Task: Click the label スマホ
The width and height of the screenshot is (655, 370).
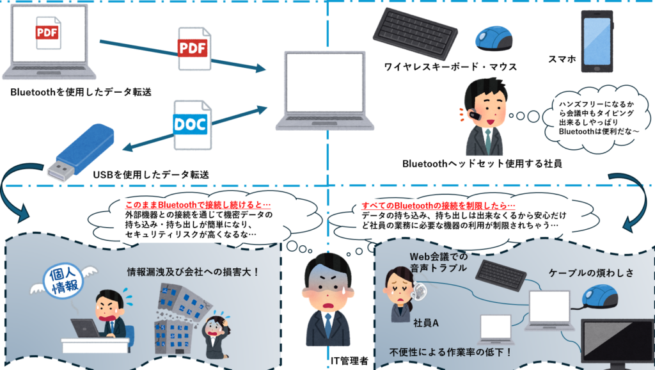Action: point(563,60)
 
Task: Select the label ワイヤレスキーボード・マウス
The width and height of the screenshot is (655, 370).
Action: point(450,66)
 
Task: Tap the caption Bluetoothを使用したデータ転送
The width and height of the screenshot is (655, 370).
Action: point(81,92)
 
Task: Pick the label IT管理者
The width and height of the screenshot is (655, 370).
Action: point(349,361)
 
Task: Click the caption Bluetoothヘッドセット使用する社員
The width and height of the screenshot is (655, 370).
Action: point(482,163)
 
